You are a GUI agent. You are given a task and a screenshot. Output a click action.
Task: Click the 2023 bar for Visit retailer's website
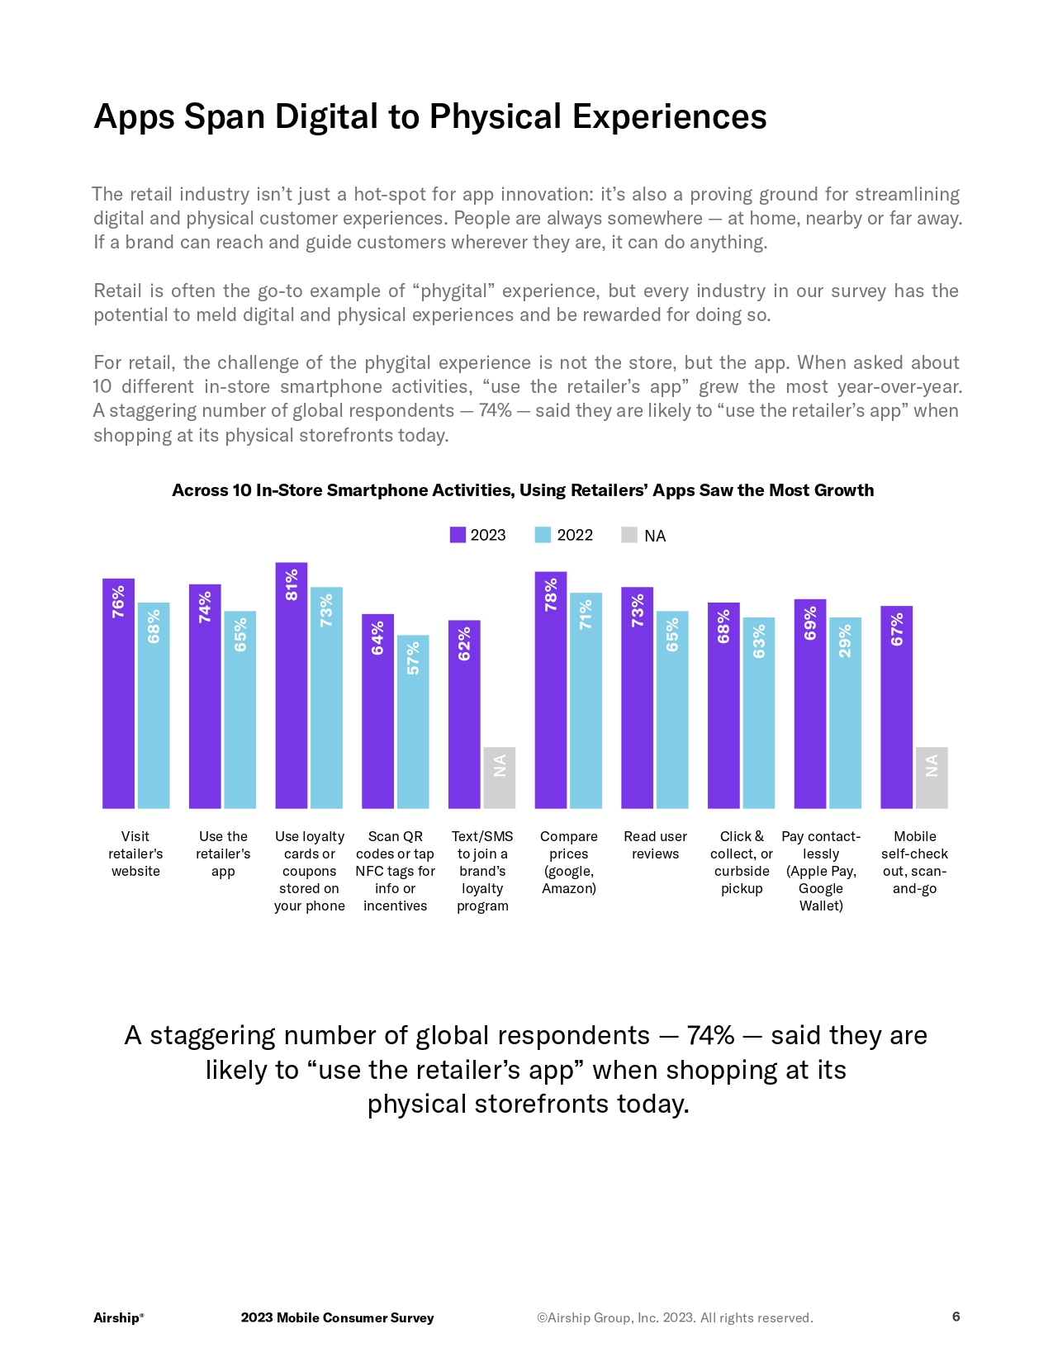[x=118, y=693]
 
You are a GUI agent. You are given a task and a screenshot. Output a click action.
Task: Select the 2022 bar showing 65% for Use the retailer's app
[x=240, y=710]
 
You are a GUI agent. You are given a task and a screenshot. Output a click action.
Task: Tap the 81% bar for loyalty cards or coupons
[x=291, y=685]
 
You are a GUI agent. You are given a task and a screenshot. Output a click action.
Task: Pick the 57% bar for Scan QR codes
[x=413, y=721]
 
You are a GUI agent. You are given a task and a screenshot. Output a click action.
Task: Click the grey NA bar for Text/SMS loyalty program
[x=499, y=778]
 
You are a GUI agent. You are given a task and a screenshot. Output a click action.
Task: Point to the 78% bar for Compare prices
[x=551, y=690]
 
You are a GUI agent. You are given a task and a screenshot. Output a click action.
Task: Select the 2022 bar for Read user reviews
[x=672, y=710]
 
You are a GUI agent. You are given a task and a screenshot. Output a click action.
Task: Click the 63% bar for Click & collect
[x=758, y=713]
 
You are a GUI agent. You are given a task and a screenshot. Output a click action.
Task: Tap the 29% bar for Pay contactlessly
[x=845, y=713]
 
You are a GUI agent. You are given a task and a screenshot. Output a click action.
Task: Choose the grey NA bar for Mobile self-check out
[x=932, y=778]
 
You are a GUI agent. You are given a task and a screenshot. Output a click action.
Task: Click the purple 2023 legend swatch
[x=458, y=535]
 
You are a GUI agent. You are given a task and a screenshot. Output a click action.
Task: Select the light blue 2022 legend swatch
[x=543, y=535]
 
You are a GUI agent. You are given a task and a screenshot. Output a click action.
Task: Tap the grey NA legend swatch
[x=629, y=535]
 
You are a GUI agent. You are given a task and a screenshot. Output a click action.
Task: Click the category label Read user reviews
[x=655, y=845]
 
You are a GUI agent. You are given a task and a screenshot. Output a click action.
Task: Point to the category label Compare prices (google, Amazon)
[x=569, y=862]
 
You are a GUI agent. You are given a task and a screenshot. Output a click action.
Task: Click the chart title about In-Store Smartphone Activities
[x=523, y=490]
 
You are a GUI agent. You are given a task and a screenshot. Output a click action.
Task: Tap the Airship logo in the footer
[x=118, y=1317]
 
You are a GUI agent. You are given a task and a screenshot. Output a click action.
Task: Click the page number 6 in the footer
[x=956, y=1317]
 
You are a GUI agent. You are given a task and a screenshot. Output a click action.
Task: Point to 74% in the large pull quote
[x=710, y=1035]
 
